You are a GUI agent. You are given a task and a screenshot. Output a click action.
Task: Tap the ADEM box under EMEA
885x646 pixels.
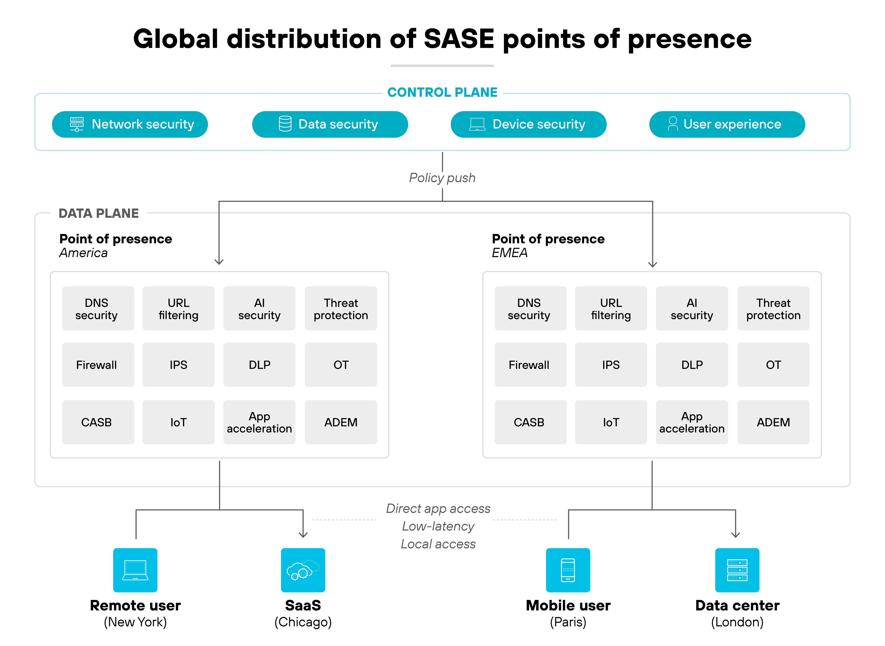pos(773,422)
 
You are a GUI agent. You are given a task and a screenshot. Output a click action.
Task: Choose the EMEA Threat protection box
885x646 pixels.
pos(773,308)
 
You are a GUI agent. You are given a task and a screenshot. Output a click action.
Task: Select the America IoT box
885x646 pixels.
pos(178,422)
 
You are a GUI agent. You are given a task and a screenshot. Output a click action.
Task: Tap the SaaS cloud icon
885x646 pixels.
pos(303,570)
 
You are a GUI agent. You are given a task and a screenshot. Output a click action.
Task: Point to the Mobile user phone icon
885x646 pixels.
pos(568,570)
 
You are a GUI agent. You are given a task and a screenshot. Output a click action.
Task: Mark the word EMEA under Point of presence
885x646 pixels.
pos(510,253)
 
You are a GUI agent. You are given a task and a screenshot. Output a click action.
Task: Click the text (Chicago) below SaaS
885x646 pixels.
pos(303,622)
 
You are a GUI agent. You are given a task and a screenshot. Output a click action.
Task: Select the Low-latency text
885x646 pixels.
pos(438,526)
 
